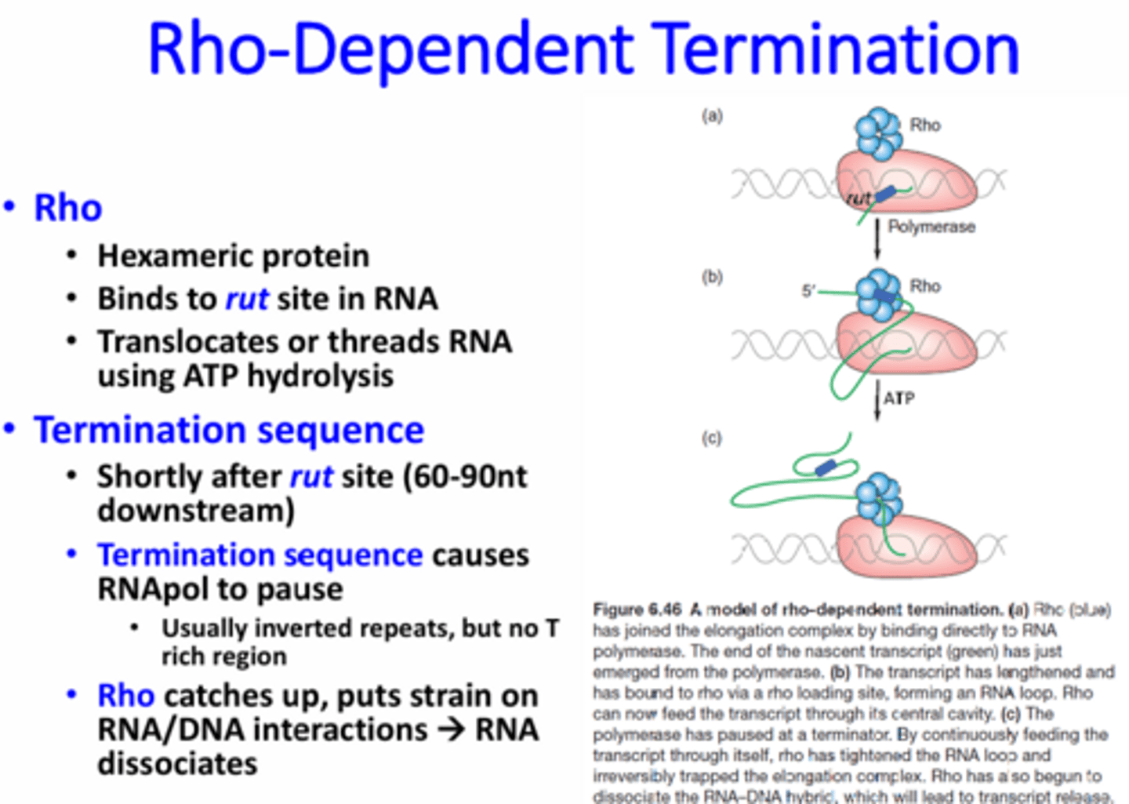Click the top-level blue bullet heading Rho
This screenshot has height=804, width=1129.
(x=67, y=209)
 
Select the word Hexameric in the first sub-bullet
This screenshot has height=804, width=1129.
(x=173, y=256)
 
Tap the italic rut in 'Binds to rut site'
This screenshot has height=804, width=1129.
(x=247, y=300)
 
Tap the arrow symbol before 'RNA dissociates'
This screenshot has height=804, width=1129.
(x=452, y=730)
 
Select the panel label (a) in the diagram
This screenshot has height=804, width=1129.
(x=711, y=116)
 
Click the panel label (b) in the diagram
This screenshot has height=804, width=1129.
(x=711, y=277)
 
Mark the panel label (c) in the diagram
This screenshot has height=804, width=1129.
(x=711, y=438)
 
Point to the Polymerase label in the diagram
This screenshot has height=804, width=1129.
(x=931, y=227)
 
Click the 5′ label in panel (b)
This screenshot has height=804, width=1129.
(x=808, y=291)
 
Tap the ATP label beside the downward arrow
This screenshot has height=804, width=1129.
(x=898, y=398)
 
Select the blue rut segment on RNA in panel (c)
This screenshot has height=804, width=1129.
(x=825, y=468)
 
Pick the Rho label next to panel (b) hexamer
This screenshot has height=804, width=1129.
(x=925, y=286)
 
